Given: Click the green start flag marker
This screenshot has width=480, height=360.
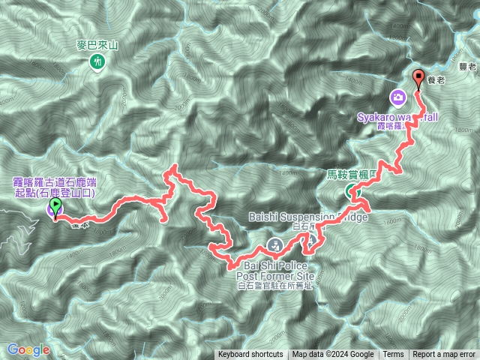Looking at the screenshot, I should click(x=55, y=203).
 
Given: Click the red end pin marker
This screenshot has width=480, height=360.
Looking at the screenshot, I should click(x=418, y=77).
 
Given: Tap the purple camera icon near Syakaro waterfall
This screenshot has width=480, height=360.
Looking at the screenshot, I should click(x=398, y=97).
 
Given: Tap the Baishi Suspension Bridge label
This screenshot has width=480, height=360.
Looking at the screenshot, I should click(x=307, y=217).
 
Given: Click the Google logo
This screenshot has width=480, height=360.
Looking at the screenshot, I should click(x=28, y=349).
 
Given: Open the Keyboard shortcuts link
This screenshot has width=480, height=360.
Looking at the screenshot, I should click(x=250, y=355).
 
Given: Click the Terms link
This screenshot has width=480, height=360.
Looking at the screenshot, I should click(x=393, y=355).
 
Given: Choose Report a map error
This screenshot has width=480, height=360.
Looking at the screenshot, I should click(x=444, y=355).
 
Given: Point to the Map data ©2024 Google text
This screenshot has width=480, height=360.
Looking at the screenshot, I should click(x=333, y=355).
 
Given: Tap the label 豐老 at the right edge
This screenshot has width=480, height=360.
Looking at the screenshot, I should click(x=468, y=67).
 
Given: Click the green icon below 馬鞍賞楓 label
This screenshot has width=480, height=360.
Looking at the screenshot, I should click(x=352, y=193).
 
